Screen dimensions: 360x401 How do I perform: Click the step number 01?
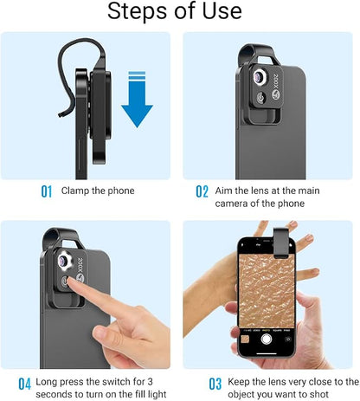47,191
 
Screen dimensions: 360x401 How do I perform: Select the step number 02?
202,191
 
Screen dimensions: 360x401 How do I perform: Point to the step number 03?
215,384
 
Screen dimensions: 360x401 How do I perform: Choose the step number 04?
24,384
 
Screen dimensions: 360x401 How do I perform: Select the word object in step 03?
241,395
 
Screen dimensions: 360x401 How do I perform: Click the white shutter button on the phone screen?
267,339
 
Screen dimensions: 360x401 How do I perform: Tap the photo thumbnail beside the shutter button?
245,339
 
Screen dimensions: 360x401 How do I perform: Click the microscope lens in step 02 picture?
260,77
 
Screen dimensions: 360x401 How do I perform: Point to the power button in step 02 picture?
261,98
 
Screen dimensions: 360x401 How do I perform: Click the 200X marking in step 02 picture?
276,81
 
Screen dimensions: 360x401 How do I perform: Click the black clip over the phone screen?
281,243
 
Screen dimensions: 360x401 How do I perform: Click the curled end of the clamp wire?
61,114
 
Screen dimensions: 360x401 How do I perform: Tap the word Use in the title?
222,11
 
